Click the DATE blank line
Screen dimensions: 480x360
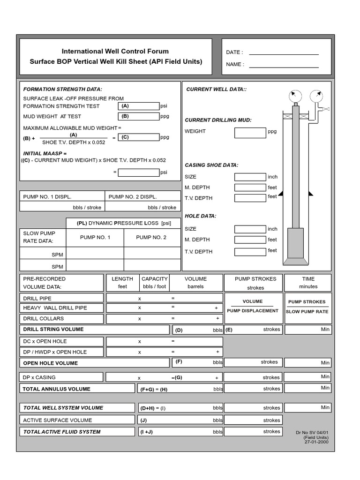284,54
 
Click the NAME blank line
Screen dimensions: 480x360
284,67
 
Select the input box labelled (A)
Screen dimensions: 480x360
139,106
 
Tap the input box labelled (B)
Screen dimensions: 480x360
139,116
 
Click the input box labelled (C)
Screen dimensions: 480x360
139,137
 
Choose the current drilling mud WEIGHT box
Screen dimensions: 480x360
250,133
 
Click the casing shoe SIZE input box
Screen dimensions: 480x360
250,177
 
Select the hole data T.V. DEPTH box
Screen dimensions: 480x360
250,252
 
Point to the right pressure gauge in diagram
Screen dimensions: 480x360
317,97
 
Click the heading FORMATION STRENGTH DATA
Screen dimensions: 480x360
63,89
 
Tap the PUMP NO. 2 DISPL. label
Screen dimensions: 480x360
133,197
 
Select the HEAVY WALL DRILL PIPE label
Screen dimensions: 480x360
55,308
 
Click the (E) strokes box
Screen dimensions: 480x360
253,330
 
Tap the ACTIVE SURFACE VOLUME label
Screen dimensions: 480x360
58,420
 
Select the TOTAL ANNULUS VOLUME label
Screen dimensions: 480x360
57,389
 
